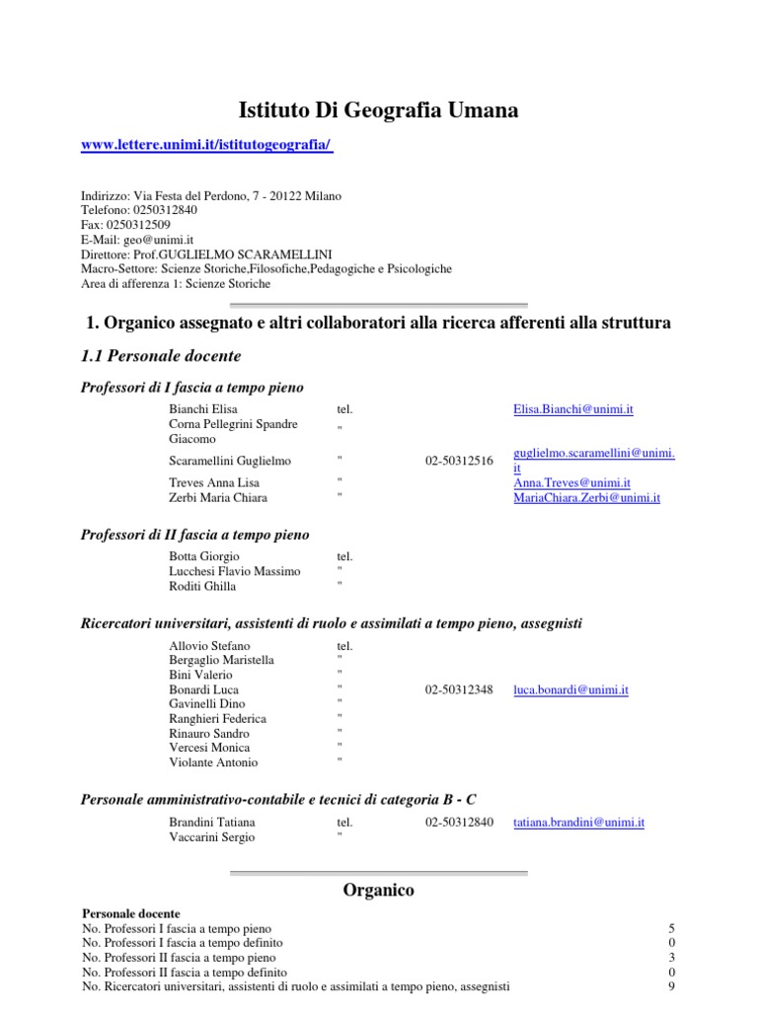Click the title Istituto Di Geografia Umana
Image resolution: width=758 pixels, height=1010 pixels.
point(379,110)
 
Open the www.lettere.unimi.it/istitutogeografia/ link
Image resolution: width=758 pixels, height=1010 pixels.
point(205,145)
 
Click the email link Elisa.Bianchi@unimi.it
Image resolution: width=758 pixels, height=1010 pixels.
point(573,408)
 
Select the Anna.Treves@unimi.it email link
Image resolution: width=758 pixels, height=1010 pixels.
point(571,483)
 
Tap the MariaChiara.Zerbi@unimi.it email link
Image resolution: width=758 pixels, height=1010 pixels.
point(586,498)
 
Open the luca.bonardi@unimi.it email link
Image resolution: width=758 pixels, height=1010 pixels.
point(570,690)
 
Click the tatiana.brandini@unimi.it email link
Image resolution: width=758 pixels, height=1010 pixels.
point(578,823)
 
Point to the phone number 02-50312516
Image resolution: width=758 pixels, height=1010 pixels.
point(459,461)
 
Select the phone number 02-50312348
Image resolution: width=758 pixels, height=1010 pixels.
point(459,690)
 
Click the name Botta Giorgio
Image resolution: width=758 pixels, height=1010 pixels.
point(204,557)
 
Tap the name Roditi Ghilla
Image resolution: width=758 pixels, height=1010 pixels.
point(202,587)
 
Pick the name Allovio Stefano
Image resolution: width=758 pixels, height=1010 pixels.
point(209,646)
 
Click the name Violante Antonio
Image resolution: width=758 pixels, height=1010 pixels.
point(213,762)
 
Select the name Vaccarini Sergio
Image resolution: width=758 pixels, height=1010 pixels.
point(212,837)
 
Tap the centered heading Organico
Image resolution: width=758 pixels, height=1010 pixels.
point(379,891)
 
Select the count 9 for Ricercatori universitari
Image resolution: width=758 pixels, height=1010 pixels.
point(672,986)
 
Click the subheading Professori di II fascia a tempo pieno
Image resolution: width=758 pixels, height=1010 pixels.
point(194,536)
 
